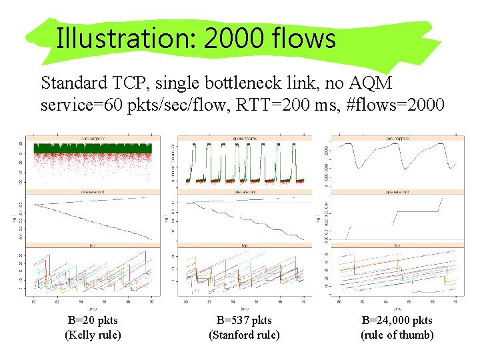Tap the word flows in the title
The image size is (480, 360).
[304, 39]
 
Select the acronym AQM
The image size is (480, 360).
[370, 83]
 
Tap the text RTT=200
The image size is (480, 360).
[289, 106]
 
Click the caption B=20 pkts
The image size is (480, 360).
[93, 321]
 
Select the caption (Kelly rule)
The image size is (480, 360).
[93, 335]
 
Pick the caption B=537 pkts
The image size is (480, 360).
[244, 321]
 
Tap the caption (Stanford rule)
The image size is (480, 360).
[244, 335]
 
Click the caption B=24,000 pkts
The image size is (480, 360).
[397, 321]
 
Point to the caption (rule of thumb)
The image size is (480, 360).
[397, 335]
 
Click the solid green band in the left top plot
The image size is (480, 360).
[93, 148]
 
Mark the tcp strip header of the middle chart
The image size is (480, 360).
[244, 245]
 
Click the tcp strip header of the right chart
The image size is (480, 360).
[397, 245]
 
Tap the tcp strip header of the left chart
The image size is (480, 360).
[93, 245]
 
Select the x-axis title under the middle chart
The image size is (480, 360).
[244, 308]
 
